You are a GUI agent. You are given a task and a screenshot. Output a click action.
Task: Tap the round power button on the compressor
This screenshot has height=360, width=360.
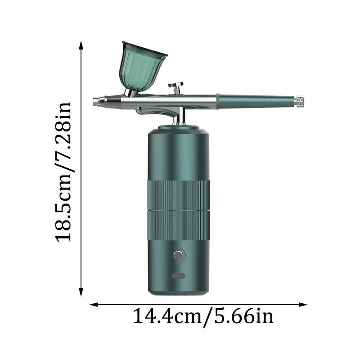coord(178,256)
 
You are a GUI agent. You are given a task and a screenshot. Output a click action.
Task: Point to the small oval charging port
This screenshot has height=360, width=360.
coord(178,276)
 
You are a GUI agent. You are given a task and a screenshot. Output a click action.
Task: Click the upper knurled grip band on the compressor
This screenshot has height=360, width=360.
coord(178,195)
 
